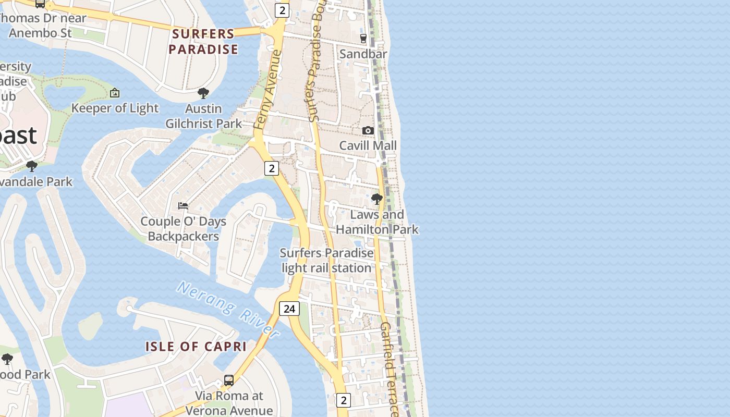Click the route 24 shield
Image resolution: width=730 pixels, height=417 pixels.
[x=289, y=309]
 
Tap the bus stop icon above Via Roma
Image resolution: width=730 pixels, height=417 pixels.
[x=228, y=381]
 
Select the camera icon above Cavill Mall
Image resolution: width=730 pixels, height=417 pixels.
[x=368, y=130]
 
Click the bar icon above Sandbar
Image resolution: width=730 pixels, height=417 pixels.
[x=363, y=38]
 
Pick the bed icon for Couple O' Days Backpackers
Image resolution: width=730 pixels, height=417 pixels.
[x=183, y=205]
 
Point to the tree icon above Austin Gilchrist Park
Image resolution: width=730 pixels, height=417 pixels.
[x=203, y=93]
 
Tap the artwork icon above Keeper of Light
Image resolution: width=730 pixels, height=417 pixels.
[x=115, y=93]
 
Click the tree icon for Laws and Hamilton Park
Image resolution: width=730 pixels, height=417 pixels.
[x=376, y=199]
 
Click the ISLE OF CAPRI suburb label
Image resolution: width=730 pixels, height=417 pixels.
[x=196, y=347]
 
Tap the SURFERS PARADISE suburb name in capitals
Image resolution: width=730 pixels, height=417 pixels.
[x=203, y=42]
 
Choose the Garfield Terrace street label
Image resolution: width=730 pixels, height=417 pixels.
[x=390, y=367]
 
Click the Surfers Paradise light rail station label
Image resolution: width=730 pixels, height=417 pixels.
[x=327, y=261]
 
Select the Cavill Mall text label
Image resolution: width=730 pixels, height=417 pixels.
[x=368, y=145]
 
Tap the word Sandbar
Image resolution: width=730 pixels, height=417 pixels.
[x=363, y=54]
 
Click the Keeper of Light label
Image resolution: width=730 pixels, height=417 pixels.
[x=115, y=108]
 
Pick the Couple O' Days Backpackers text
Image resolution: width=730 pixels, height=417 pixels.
[x=183, y=229]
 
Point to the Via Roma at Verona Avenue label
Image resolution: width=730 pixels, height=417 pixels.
[x=228, y=403]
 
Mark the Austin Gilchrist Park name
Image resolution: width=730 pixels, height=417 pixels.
[x=203, y=116]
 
